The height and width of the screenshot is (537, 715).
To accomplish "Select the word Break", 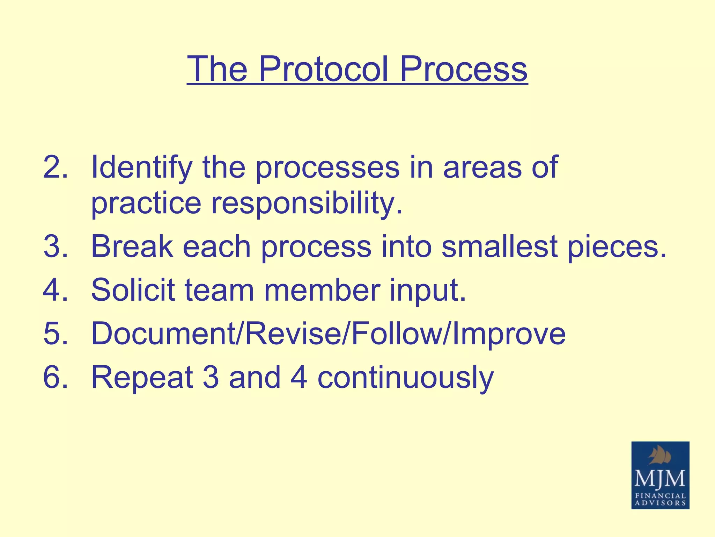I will click(x=132, y=246).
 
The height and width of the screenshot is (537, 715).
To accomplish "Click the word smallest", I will click(x=499, y=246).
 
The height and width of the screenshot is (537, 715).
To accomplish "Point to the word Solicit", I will click(x=133, y=290).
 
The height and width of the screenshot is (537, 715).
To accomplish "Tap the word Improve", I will click(x=508, y=334).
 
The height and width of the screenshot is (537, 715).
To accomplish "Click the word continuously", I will click(x=405, y=378).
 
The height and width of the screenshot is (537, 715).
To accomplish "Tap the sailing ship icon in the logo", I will click(x=660, y=457).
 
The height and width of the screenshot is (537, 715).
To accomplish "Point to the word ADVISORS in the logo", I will click(x=660, y=503).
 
